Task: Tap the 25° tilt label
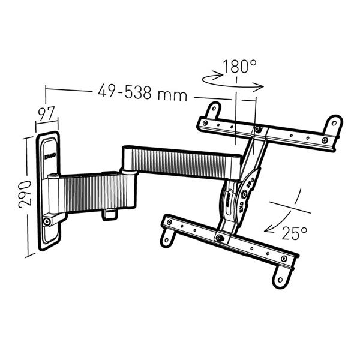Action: point(295,232)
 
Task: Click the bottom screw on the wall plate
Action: point(47,223)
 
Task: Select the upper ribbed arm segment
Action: point(180,162)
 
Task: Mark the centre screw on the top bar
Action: point(257,129)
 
